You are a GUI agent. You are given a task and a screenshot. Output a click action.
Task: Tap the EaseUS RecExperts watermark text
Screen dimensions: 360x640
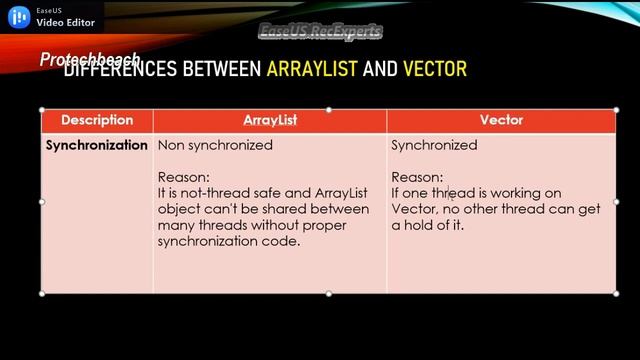[x=320, y=32]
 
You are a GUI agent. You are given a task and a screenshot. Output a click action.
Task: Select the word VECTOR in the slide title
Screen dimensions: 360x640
[x=435, y=70]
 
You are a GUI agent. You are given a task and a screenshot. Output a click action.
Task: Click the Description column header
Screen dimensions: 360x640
[x=97, y=120]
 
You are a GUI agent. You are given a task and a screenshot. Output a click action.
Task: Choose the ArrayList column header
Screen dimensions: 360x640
[x=270, y=120]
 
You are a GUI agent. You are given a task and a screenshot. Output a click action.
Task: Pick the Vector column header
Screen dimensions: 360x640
[x=501, y=120]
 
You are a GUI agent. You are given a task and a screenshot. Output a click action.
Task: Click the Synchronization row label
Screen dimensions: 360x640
[x=97, y=145]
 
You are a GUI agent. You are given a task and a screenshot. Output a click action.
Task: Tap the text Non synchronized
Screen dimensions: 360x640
[x=215, y=145]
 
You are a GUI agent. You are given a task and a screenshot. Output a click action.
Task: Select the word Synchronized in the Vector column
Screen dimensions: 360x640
[x=434, y=145]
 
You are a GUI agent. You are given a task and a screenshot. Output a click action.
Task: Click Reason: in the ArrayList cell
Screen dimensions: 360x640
[x=183, y=177]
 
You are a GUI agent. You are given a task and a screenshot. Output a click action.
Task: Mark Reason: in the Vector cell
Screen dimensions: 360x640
[x=416, y=177]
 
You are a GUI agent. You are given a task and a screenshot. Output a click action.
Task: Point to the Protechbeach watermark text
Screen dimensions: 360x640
[x=90, y=59]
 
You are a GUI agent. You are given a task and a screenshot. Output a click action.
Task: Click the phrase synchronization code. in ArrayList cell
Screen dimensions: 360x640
[x=229, y=241]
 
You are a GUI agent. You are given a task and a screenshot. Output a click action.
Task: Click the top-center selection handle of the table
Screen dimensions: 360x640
[x=329, y=110]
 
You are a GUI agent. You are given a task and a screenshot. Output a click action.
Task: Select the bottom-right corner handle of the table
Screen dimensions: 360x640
[x=616, y=293]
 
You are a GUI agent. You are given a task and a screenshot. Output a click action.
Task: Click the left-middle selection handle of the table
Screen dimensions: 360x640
[x=41, y=201]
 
